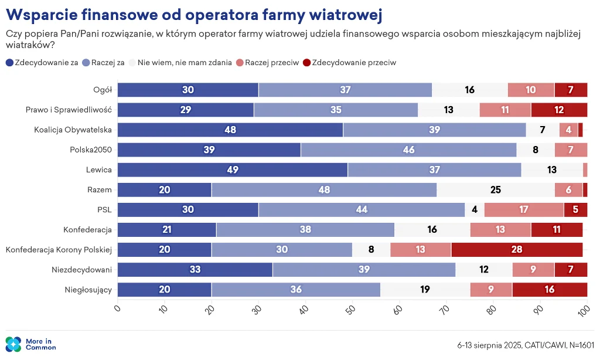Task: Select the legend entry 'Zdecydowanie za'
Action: (42, 63)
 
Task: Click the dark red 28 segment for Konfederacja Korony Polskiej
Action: (517, 249)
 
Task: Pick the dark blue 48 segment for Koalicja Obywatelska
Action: (230, 130)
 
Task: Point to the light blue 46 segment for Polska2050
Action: (408, 150)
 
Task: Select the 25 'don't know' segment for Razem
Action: (496, 189)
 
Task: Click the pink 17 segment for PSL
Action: (524, 210)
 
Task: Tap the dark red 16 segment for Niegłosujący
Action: (550, 290)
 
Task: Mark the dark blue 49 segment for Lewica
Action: (233, 169)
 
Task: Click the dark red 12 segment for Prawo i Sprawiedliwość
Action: (559, 110)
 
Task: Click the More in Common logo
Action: (30, 344)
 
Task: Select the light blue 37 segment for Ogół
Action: (345, 90)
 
